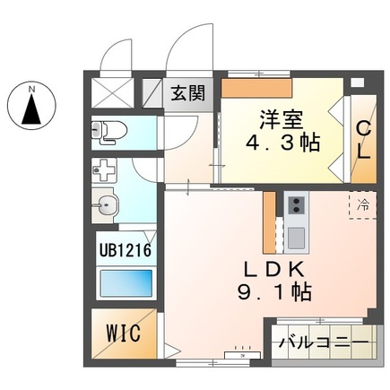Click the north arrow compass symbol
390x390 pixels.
point(31,110)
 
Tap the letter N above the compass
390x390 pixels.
point(31,88)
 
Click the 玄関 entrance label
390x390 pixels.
point(188,91)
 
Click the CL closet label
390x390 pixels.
point(364,139)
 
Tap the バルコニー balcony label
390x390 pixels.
point(321,342)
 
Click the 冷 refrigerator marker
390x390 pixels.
point(363,205)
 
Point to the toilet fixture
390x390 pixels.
point(108,133)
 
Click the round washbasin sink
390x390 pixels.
point(107,207)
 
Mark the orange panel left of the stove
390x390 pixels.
point(268,222)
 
